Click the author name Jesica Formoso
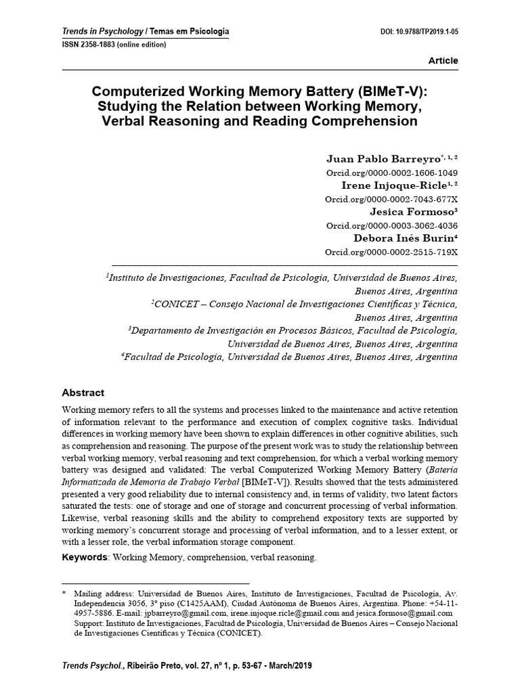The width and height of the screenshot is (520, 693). click(x=410, y=211)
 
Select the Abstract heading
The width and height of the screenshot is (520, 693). click(x=83, y=393)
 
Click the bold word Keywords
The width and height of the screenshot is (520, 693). click(x=85, y=557)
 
